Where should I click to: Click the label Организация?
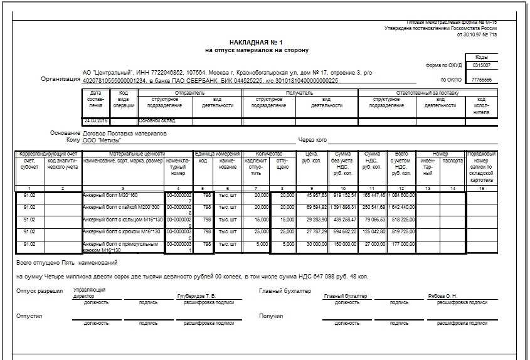click(x=61, y=79)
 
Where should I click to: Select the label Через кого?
click(x=313, y=140)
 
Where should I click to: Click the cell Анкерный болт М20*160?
click(x=110, y=195)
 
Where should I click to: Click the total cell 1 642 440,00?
click(x=401, y=207)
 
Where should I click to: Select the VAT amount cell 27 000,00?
click(x=373, y=244)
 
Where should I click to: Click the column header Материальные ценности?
click(x=136, y=154)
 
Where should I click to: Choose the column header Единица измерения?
click(x=217, y=154)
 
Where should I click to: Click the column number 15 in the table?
click(x=481, y=188)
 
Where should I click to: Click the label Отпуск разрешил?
click(x=40, y=291)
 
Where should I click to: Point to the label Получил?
click(x=271, y=316)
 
